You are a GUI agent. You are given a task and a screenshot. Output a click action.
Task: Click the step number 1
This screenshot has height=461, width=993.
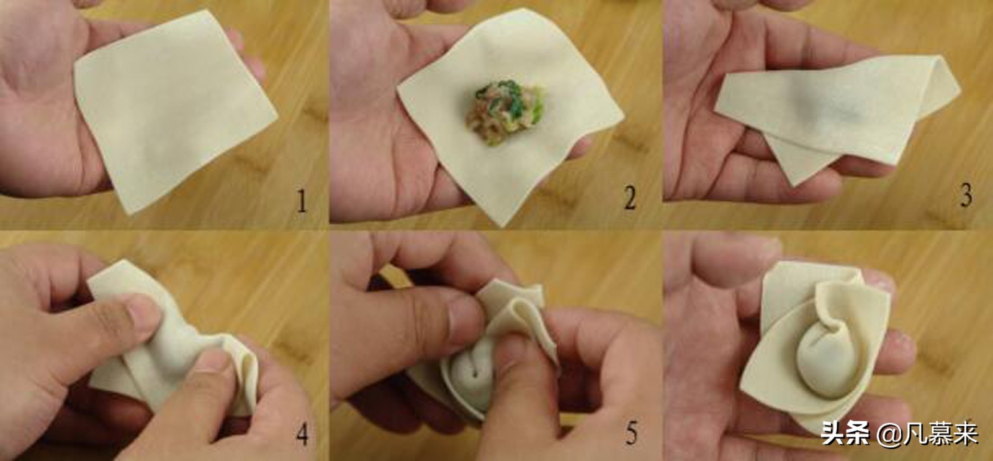click(302, 201)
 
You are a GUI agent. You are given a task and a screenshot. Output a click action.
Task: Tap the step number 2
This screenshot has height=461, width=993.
click(630, 198)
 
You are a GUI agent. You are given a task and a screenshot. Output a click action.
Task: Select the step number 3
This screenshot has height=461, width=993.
click(966, 196)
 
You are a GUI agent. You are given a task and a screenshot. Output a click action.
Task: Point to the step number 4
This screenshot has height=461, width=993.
click(302, 434)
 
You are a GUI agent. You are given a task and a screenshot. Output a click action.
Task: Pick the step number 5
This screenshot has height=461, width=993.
click(631, 432)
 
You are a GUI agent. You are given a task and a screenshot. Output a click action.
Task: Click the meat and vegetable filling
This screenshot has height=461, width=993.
click(505, 112)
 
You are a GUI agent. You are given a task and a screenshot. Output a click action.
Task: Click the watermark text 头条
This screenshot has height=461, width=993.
click(845, 432)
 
